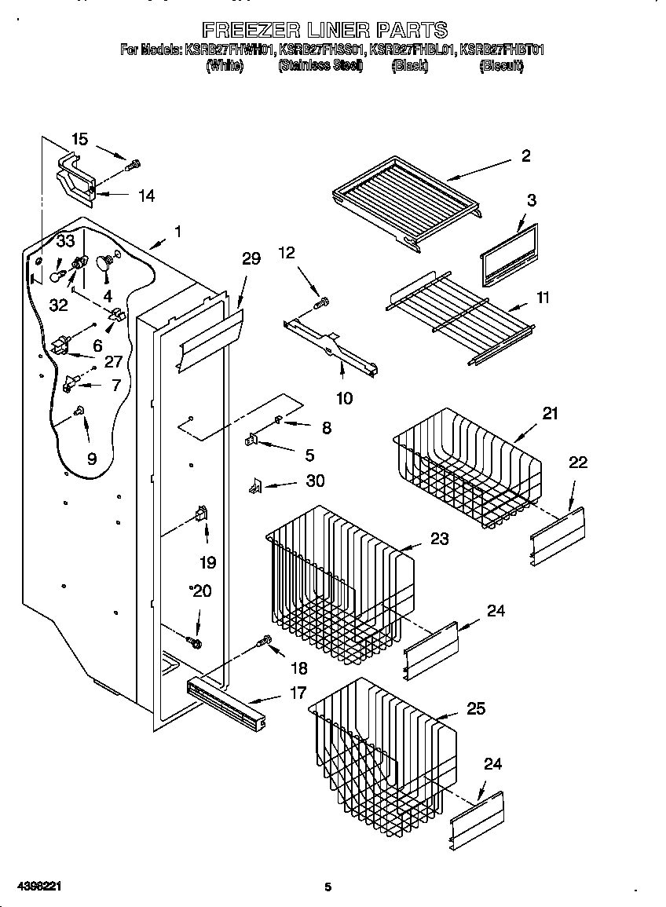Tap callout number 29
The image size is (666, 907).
(251, 259)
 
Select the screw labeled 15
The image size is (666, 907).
(134, 165)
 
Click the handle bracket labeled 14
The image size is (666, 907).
(75, 176)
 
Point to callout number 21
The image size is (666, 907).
(550, 413)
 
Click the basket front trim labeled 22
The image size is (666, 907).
(558, 535)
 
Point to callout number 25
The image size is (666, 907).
(476, 708)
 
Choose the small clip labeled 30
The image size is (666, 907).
(254, 488)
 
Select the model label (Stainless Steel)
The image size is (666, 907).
(320, 66)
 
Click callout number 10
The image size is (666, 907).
(344, 398)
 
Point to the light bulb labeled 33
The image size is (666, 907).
(56, 275)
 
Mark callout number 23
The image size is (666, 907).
(439, 539)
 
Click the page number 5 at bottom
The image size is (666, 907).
(328, 887)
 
